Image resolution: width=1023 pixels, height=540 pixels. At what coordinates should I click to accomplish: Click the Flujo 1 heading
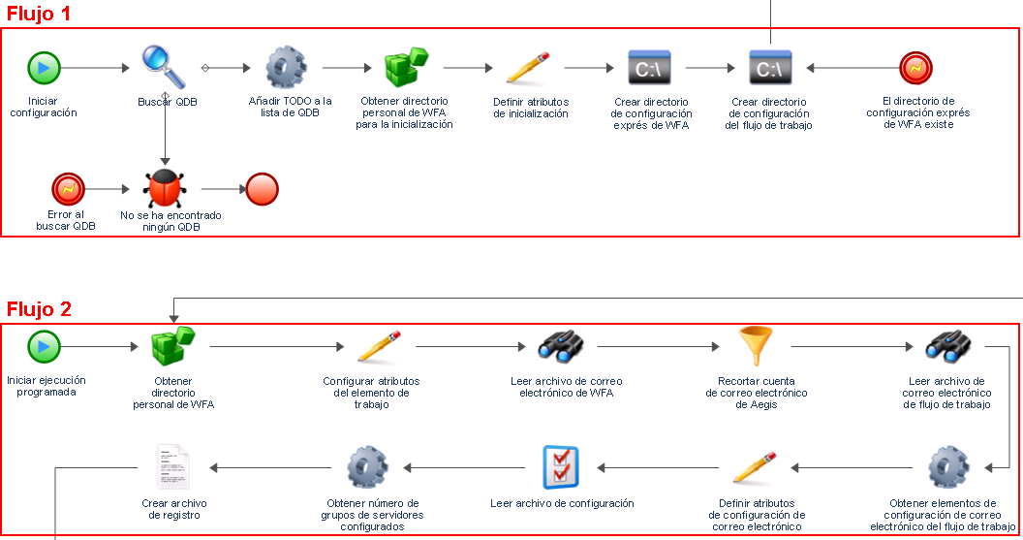tap(39, 15)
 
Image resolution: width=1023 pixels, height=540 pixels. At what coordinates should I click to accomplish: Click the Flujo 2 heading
tap(39, 310)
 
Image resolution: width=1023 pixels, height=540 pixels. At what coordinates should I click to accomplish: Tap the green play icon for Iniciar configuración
tap(44, 68)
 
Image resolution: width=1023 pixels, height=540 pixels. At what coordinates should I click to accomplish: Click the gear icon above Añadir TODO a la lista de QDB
tap(286, 68)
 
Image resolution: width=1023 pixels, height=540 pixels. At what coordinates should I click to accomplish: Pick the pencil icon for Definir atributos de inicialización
tap(529, 68)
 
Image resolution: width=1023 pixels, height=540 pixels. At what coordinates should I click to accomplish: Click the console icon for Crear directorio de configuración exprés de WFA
tap(650, 68)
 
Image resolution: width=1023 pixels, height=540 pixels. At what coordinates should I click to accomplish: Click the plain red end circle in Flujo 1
tap(263, 188)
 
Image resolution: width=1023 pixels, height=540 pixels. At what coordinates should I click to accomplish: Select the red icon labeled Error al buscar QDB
tap(69, 188)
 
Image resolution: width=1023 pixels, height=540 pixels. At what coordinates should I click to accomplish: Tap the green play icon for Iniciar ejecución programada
tap(44, 346)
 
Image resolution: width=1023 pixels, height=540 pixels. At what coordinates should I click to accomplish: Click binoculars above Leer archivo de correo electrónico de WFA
tap(562, 346)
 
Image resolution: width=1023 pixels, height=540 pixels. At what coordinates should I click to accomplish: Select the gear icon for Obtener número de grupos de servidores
tap(367, 467)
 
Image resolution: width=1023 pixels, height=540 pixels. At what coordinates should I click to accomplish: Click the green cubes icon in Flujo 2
tap(173, 346)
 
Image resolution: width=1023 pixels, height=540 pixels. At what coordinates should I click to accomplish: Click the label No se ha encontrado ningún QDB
tap(170, 221)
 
